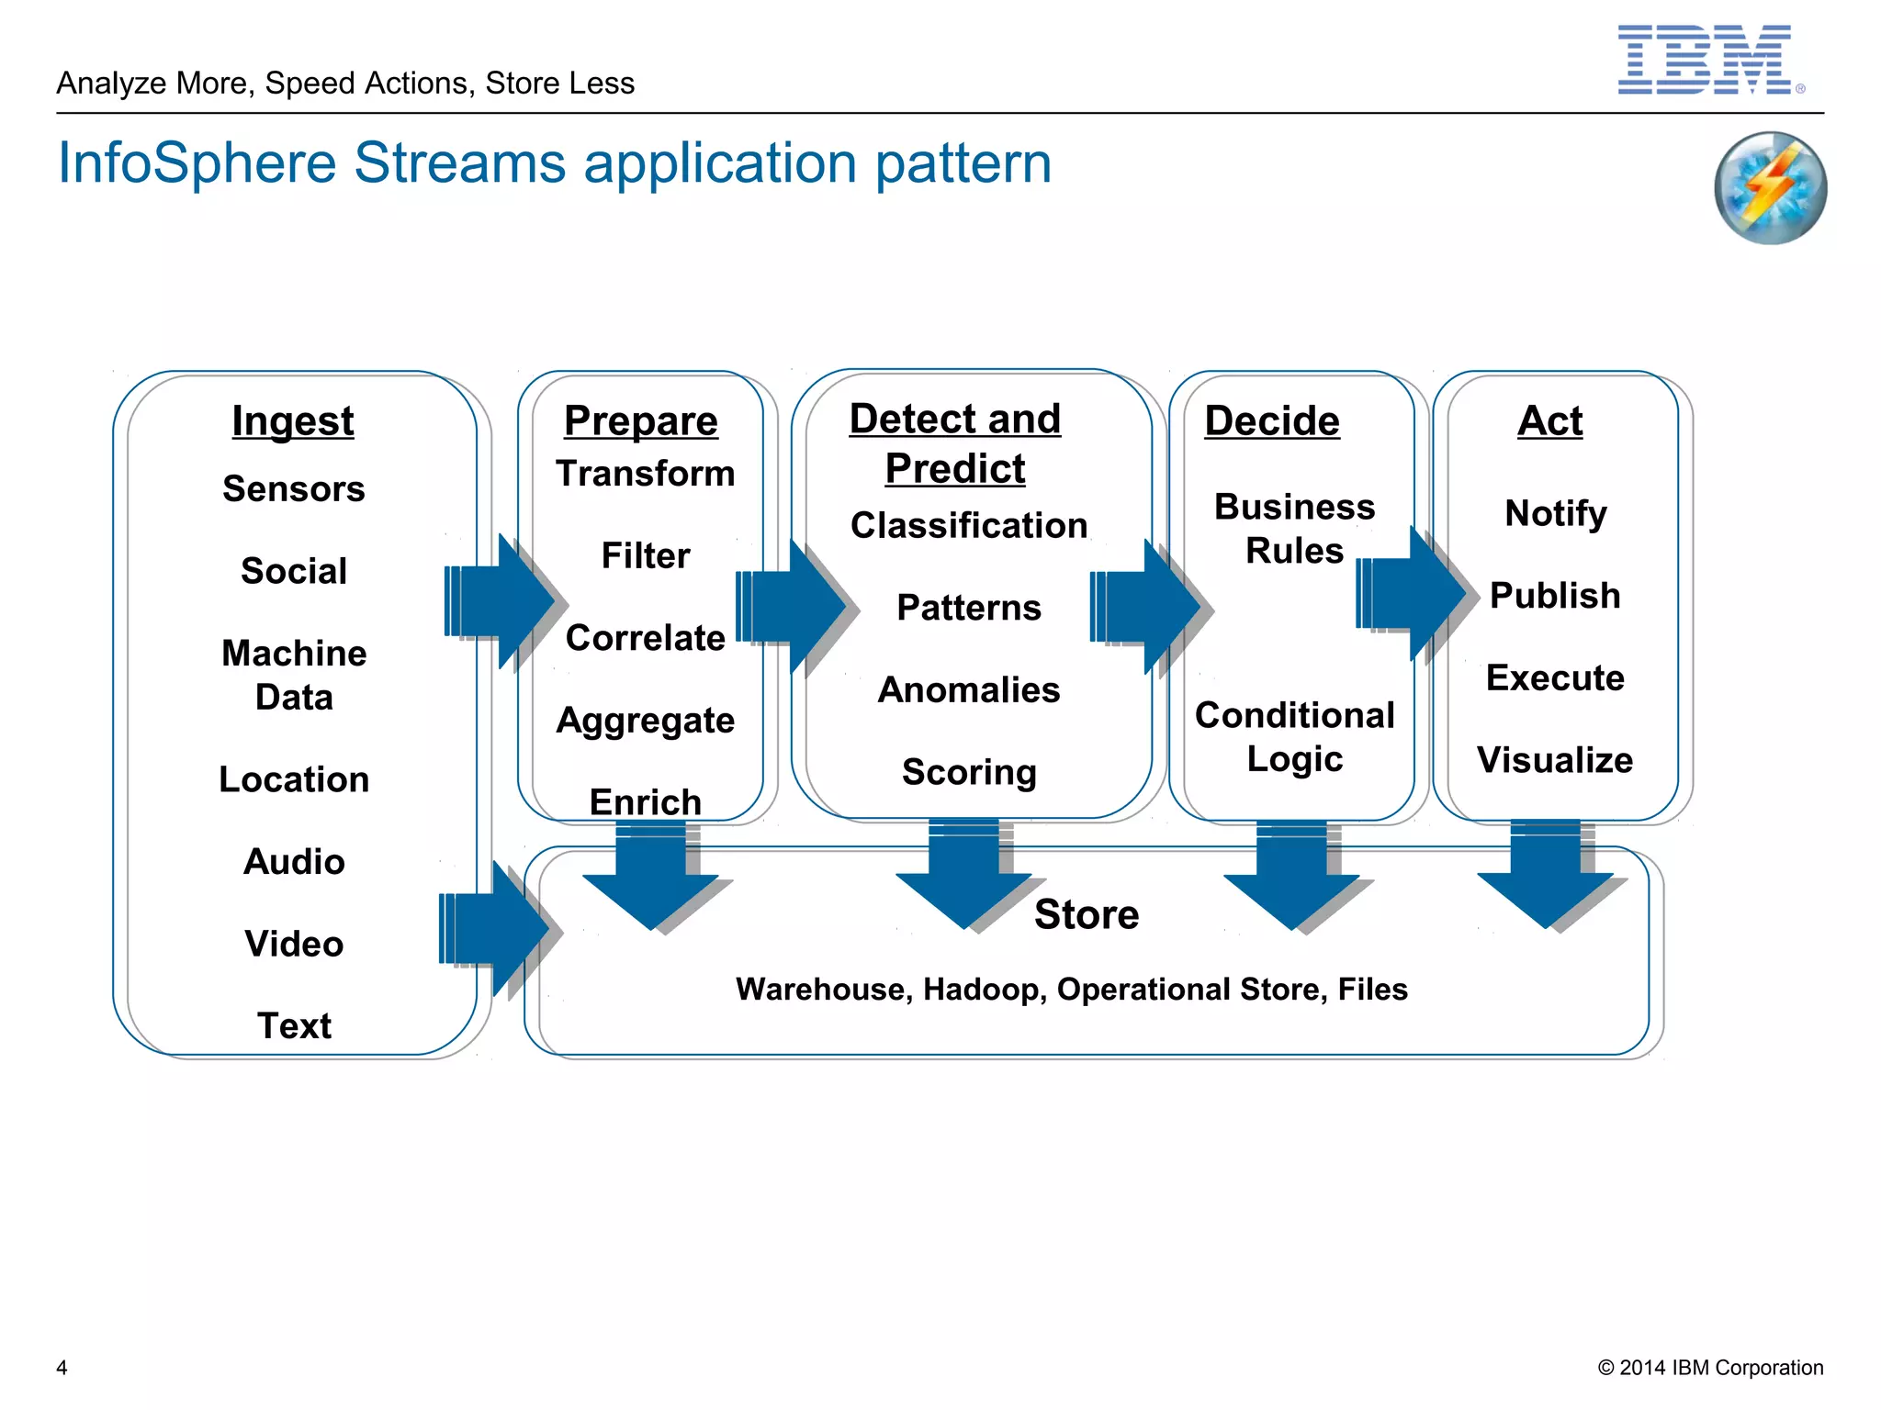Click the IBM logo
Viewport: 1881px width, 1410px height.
coord(1705,60)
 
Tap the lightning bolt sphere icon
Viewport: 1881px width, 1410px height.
coord(1770,188)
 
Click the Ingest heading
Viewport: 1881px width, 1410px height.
coord(293,421)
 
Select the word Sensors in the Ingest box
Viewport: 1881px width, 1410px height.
coord(294,489)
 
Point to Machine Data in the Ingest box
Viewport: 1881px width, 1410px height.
coord(294,676)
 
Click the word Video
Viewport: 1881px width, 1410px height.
coord(294,944)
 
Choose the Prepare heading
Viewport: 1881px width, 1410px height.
coord(641,421)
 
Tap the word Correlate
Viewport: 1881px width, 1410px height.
coord(646,638)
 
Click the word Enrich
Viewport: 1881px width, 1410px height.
coord(646,802)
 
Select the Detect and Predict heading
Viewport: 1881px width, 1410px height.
coord(955,443)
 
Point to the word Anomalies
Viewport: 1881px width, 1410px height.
coord(969,690)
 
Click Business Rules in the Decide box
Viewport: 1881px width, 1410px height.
coord(1294,529)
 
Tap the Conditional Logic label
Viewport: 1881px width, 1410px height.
coord(1294,737)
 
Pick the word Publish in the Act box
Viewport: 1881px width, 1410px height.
coord(1555,596)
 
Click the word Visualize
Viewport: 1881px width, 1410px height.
coord(1555,760)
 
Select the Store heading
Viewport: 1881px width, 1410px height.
coord(1087,914)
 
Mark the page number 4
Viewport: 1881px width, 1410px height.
coord(62,1368)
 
